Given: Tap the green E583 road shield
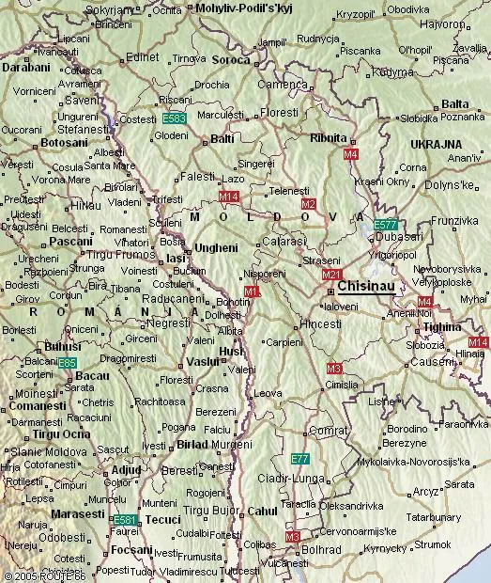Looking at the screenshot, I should (174, 119).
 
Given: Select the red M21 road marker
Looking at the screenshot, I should (331, 275).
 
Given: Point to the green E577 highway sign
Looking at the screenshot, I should (385, 225).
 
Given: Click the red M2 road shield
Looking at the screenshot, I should (308, 204).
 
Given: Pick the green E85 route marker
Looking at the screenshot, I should (67, 362).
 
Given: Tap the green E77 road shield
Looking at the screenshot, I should (299, 459).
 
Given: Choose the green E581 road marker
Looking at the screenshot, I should (125, 520).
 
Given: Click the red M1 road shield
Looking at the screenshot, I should (252, 292).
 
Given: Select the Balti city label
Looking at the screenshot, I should (222, 139).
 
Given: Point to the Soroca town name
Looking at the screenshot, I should (231, 59).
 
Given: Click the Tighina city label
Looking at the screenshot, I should (442, 326).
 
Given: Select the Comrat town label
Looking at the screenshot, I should (329, 430).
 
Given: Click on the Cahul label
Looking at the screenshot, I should (262, 511).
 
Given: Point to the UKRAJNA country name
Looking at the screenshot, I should (434, 143).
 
